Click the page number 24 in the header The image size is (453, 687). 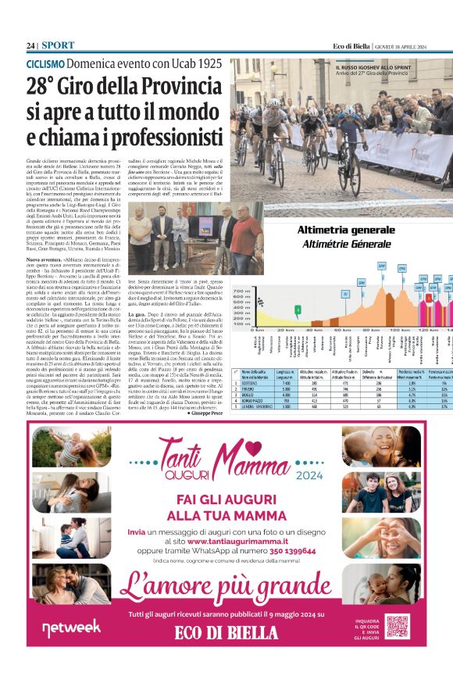(31, 45)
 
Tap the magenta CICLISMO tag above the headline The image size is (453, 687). (45, 63)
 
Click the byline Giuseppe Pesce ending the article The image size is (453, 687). (205, 411)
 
